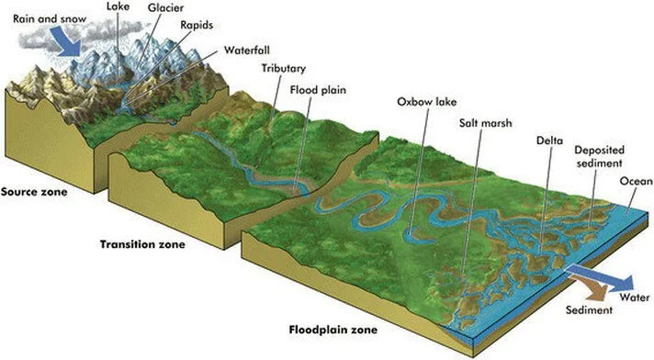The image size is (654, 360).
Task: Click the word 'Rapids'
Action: point(198,26)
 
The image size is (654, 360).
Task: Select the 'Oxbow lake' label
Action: point(423,102)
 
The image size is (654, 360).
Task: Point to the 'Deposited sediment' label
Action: point(597,156)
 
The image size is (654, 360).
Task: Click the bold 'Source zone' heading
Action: point(31,192)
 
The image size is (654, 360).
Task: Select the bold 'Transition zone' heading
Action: point(141,245)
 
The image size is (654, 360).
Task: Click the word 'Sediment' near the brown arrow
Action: point(589,310)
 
